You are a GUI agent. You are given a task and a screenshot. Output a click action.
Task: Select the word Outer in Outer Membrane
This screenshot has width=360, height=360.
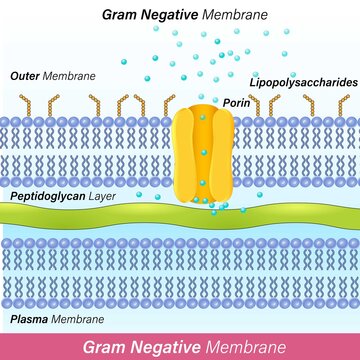coord(26,75)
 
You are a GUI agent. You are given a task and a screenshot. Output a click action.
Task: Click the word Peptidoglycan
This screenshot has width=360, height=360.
coord(48,197)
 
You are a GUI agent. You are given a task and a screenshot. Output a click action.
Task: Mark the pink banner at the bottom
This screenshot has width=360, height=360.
coord(180,346)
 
